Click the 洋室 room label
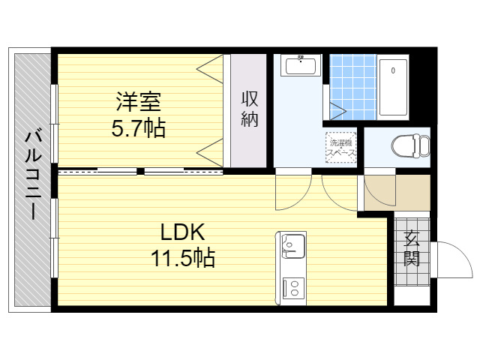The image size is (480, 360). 138,102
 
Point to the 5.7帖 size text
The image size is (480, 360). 138,127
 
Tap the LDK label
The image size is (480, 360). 183,232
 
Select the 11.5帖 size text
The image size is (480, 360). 183,257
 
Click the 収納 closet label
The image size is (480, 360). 250,109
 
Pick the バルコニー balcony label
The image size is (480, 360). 33,175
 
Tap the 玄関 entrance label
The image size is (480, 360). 412,248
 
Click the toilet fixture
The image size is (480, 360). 410,146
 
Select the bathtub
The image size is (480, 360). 393,88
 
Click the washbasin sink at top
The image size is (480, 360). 301,65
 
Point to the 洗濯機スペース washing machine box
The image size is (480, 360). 341,147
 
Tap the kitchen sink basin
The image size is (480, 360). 293,247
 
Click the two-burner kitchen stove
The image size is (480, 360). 293,288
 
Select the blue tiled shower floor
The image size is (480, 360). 353,87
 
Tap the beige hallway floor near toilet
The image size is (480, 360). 397,193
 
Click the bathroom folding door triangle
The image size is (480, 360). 337,111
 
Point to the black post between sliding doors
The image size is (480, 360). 140,172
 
